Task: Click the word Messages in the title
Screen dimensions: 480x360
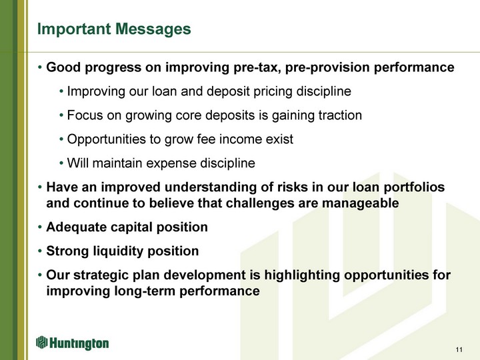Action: click(x=153, y=29)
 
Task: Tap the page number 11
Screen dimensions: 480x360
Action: click(x=459, y=349)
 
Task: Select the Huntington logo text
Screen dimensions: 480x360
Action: click(x=79, y=343)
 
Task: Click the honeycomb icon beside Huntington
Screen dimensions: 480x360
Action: click(x=41, y=342)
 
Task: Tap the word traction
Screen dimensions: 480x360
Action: click(x=340, y=115)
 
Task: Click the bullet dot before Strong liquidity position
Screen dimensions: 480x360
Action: click(x=40, y=251)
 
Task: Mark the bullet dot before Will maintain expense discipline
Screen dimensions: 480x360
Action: click(x=61, y=163)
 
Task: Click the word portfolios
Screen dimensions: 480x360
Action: click(x=414, y=187)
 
